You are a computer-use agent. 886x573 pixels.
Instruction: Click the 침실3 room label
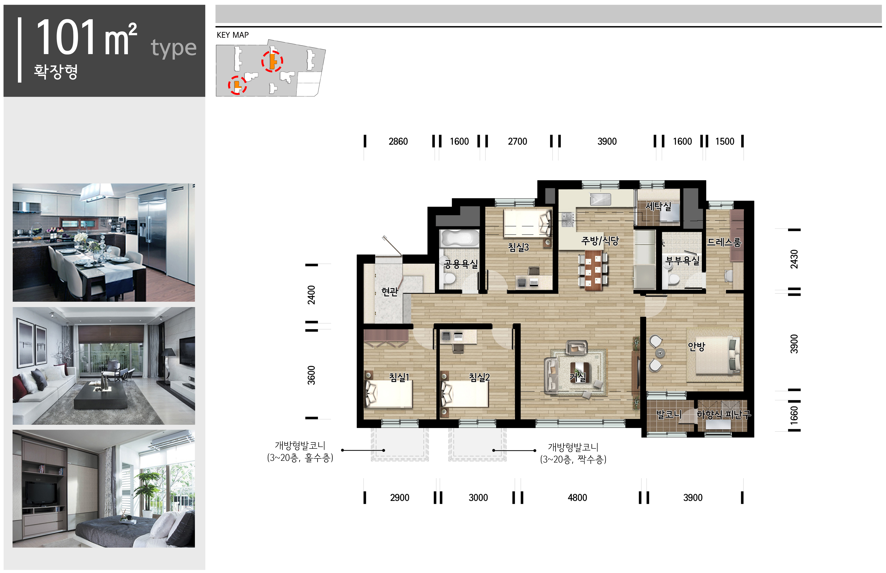518,247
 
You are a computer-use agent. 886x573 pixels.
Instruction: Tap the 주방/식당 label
600,241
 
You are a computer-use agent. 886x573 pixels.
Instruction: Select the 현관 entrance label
390,292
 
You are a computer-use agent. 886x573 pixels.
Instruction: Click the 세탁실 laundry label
658,206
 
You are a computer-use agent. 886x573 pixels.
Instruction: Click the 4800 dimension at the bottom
577,498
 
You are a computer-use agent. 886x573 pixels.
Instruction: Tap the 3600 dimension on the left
311,375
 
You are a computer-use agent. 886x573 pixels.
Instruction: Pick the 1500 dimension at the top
725,141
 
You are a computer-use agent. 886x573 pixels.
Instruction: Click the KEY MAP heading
232,35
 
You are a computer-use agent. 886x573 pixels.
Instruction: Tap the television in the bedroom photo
41,493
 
